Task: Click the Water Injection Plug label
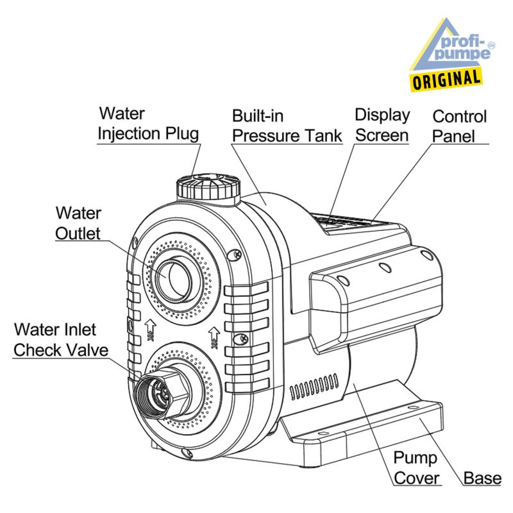point(148,124)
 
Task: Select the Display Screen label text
point(382,125)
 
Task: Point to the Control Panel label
point(459,126)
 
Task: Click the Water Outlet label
point(78,223)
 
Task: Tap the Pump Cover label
point(416,467)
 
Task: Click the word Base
point(482,478)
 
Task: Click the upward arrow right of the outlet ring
point(214,334)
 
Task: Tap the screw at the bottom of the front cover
point(186,455)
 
